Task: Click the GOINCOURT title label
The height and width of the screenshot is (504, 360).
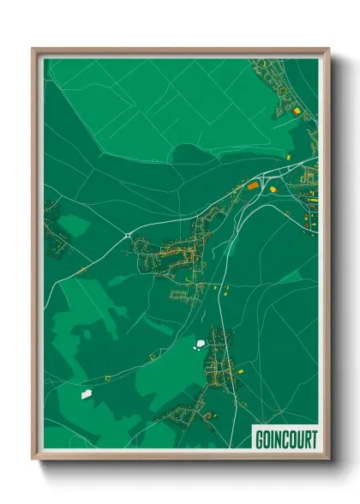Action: pyautogui.click(x=285, y=440)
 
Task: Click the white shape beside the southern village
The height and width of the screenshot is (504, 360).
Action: pyautogui.click(x=201, y=345)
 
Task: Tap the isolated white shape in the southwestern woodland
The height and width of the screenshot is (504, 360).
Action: pyautogui.click(x=86, y=394)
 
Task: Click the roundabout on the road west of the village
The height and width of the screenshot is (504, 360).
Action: pyautogui.click(x=127, y=234)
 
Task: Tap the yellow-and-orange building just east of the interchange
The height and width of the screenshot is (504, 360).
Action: pyautogui.click(x=273, y=189)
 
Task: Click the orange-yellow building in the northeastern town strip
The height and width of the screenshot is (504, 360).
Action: pyautogui.click(x=297, y=111)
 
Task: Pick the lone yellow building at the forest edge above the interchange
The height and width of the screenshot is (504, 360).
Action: pyautogui.click(x=289, y=158)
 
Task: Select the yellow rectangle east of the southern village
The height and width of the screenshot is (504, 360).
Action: pyautogui.click(x=237, y=369)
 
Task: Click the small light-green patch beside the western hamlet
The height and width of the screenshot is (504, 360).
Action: pyautogui.click(x=75, y=225)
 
